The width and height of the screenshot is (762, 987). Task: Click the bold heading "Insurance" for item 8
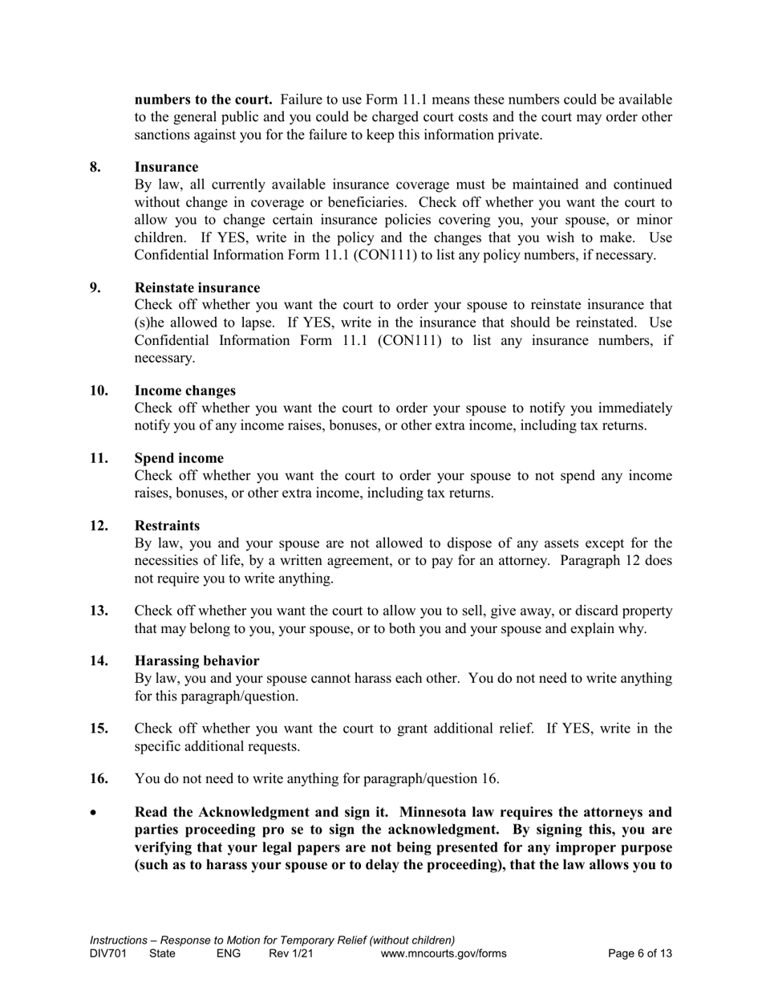pos(166,167)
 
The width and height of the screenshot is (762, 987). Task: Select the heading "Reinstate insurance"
pos(197,287)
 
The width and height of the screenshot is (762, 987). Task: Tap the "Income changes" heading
pos(185,390)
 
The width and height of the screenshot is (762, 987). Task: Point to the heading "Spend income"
pos(179,458)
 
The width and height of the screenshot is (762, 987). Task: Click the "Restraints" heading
pos(167,526)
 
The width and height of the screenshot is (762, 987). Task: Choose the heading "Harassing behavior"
pos(197,660)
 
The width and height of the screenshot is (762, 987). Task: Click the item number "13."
pos(99,611)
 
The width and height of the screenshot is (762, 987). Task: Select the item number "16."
pos(99,778)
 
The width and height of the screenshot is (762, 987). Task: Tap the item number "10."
pos(99,390)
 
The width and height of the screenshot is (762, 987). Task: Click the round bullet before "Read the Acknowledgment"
pos(94,813)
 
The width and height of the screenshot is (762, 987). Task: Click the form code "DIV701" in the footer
pos(108,953)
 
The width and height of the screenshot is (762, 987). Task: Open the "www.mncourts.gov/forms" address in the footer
pos(444,953)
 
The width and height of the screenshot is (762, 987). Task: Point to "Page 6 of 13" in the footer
pos(640,953)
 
